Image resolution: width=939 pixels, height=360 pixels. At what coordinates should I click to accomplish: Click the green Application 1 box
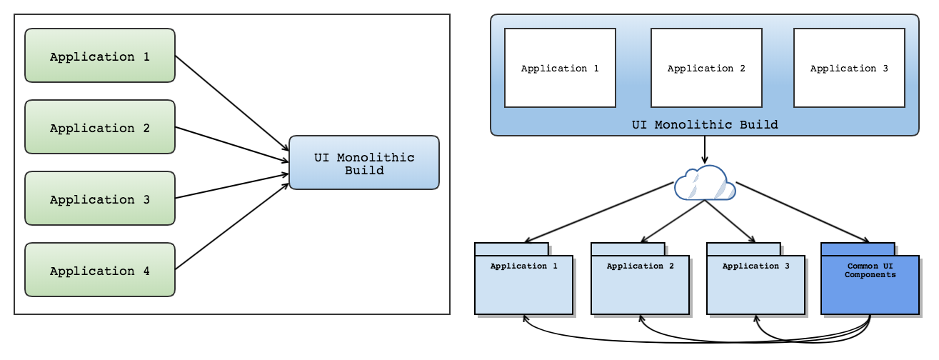point(100,56)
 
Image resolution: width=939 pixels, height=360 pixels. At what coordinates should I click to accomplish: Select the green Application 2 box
point(100,127)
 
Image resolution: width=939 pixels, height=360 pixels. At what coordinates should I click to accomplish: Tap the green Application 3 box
point(100,199)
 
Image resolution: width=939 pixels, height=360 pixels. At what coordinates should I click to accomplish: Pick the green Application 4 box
point(100,270)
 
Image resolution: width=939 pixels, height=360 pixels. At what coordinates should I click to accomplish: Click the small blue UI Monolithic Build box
point(363,163)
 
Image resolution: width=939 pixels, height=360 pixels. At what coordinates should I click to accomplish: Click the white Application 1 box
point(560,68)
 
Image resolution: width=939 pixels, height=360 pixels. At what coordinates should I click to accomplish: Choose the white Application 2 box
point(705,68)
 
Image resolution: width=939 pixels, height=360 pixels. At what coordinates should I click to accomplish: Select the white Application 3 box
point(849,68)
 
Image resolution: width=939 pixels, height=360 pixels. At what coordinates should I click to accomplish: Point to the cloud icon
point(704,184)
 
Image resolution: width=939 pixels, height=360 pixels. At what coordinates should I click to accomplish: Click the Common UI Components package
point(870,284)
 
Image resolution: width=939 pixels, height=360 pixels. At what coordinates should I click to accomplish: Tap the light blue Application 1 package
point(523,284)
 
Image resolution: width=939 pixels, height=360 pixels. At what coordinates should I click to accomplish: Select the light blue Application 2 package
point(640,284)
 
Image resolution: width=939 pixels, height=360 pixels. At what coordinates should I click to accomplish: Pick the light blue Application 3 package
point(755,284)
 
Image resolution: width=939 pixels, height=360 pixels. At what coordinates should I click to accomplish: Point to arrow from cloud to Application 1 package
point(600,212)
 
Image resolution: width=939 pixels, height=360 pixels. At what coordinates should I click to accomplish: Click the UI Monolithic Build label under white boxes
point(705,125)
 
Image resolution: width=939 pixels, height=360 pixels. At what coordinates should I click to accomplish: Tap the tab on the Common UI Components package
point(858,249)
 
